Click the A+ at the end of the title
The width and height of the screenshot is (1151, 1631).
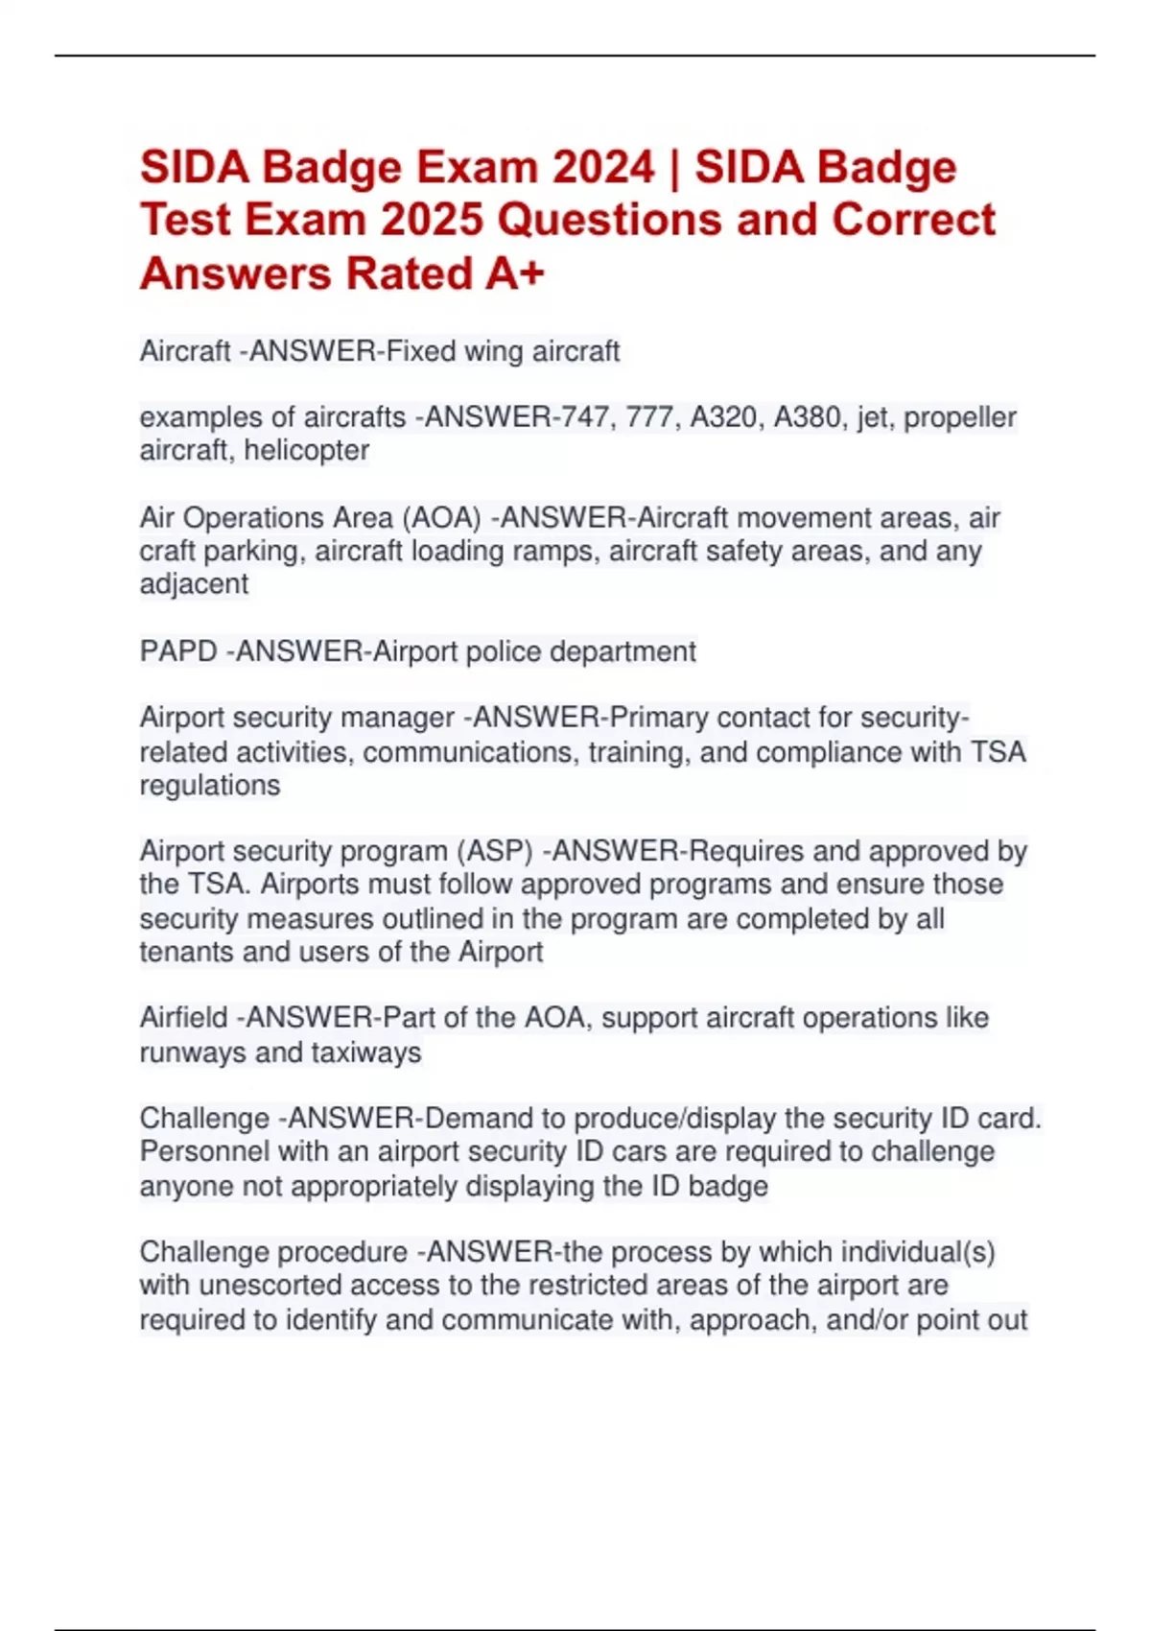click(515, 273)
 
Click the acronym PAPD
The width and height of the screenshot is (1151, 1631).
click(178, 651)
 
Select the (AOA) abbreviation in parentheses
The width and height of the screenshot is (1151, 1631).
click(441, 518)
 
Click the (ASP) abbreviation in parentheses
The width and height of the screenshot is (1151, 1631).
click(494, 851)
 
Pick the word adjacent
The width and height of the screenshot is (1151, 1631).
click(194, 584)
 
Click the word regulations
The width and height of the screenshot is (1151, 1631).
click(210, 785)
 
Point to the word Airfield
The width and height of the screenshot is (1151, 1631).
click(183, 1018)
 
